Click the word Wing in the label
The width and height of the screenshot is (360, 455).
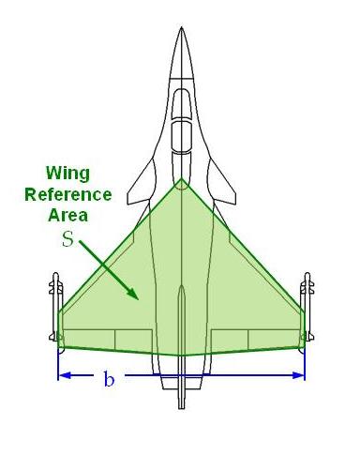68,174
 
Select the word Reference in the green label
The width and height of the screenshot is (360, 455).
68,194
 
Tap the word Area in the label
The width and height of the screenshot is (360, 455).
68,215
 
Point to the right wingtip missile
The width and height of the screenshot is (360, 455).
306,305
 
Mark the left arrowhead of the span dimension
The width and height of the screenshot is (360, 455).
62,375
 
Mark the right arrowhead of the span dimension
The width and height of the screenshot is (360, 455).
301,375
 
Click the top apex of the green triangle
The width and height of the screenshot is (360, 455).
181,178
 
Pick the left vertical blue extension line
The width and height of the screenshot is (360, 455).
58,361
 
